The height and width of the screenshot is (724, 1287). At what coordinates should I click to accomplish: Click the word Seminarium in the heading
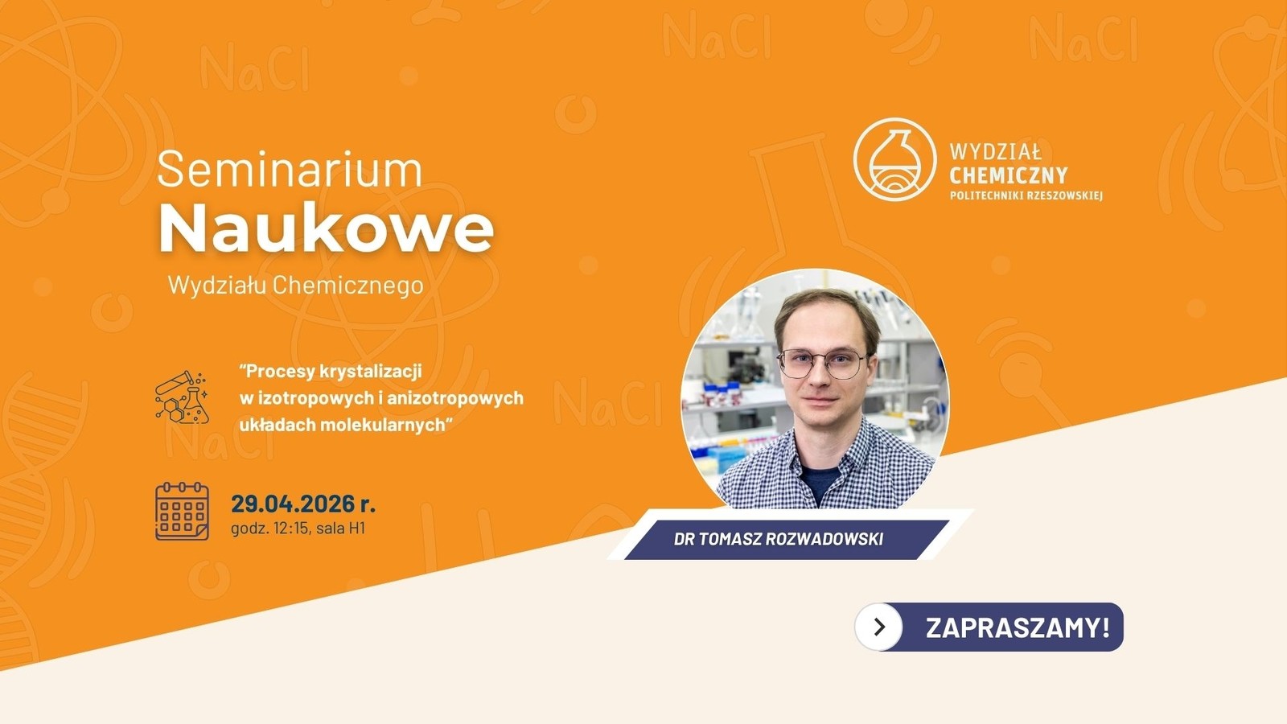[x=290, y=170]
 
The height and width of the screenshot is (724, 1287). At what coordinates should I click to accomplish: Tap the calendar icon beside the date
[x=182, y=512]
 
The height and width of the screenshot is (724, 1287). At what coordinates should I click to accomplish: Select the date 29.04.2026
[x=293, y=504]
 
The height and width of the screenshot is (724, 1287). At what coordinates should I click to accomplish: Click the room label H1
[x=357, y=528]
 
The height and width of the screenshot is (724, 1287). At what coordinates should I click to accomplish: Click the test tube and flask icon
[x=182, y=397]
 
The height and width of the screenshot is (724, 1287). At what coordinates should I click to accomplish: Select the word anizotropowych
[x=455, y=397]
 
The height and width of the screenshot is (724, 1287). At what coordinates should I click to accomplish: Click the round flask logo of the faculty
[x=894, y=160]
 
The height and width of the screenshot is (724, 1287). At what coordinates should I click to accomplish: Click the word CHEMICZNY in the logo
[x=1009, y=175]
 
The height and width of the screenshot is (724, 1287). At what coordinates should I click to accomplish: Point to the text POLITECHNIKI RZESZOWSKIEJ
[x=1026, y=195]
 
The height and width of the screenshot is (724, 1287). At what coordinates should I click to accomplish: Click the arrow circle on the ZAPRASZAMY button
[x=878, y=627]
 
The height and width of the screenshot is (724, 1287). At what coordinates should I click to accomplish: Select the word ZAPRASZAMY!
[x=1018, y=627]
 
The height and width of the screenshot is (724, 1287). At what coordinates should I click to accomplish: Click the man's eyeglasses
[x=822, y=364]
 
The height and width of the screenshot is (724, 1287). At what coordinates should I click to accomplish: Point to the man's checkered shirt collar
[x=821, y=454]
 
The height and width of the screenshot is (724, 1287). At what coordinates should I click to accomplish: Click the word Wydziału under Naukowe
[x=216, y=285]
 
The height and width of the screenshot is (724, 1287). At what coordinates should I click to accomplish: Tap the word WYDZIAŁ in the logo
[x=995, y=152]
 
